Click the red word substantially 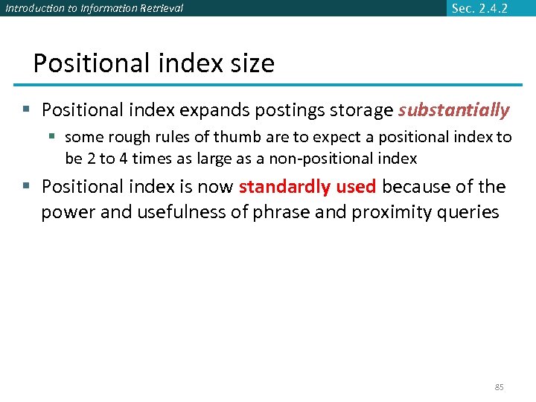point(453,110)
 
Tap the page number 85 point(500,387)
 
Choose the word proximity point(387,212)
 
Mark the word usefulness point(179,212)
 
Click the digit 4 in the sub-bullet point(114,158)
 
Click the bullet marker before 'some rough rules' point(53,137)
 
